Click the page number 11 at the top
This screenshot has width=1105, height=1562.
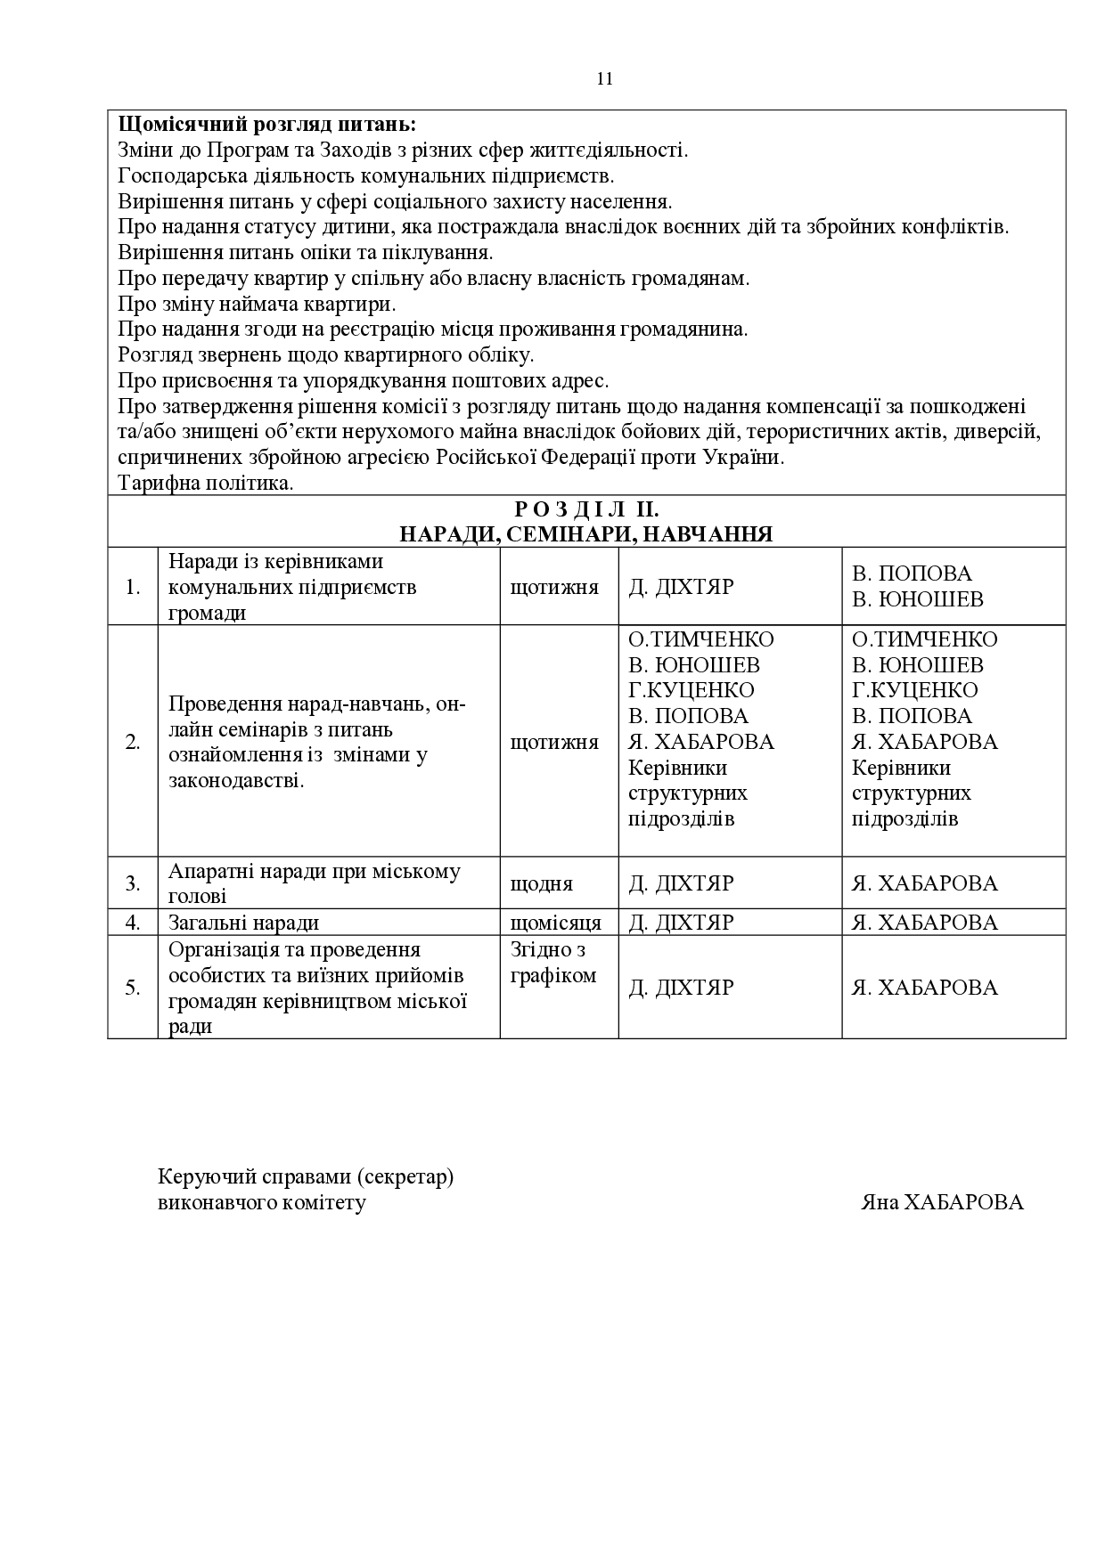604,78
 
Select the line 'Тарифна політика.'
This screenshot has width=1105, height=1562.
206,484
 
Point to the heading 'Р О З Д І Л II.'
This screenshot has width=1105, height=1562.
586,509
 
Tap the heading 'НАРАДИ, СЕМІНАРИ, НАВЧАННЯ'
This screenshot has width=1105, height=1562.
586,534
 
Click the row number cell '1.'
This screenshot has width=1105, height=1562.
133,587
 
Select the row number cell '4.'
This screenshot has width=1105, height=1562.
133,923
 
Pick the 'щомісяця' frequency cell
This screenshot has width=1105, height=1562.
555,923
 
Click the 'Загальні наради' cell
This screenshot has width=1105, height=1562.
244,923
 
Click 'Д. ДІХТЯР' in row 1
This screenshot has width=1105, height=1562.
681,587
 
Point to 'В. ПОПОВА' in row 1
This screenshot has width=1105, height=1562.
912,574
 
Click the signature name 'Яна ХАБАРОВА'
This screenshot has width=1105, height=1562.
942,1202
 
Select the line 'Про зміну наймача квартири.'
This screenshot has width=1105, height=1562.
257,304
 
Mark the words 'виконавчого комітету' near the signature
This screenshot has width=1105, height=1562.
261,1202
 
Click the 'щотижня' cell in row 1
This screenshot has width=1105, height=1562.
554,587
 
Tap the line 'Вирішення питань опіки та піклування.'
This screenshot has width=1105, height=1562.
306,252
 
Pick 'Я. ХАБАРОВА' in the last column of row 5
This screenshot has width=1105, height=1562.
924,987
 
